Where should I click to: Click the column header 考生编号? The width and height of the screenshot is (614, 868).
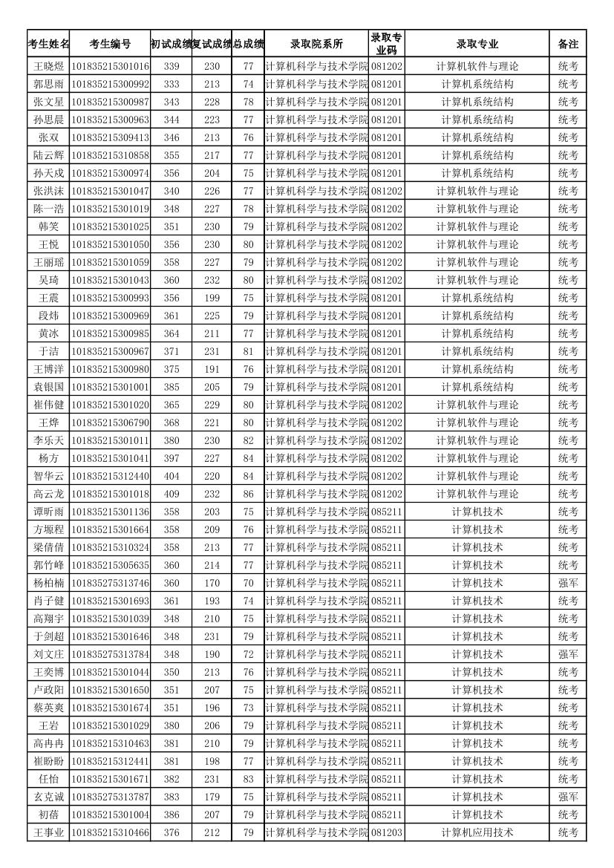[x=110, y=44]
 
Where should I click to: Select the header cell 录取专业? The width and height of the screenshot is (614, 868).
[x=477, y=44]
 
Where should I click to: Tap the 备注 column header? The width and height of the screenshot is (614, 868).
[x=568, y=44]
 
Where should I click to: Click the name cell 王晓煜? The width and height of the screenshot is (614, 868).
[x=49, y=66]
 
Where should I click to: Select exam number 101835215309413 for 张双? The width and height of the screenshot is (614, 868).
[x=110, y=137]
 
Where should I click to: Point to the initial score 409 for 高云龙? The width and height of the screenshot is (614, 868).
[x=171, y=494]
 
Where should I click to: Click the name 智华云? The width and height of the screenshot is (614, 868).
[x=49, y=476]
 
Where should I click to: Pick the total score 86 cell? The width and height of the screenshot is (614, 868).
[x=248, y=494]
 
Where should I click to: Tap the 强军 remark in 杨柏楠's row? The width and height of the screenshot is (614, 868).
[x=568, y=583]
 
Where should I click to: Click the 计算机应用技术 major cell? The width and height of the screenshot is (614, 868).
[x=477, y=832]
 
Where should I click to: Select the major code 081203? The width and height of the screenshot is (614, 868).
[x=387, y=832]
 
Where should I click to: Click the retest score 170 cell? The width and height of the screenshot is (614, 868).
[x=212, y=583]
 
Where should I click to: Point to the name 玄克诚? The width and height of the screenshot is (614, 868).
[x=49, y=797]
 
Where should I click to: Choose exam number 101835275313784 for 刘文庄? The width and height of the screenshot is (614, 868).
[x=110, y=654]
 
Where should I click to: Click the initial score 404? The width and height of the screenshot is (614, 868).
[x=171, y=476]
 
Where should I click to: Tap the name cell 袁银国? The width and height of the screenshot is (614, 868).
[x=49, y=387]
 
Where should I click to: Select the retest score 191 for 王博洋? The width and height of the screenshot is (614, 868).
[x=212, y=369]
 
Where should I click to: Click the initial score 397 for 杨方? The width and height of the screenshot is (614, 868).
[x=171, y=458]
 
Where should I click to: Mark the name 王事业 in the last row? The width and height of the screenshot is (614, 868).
[x=49, y=832]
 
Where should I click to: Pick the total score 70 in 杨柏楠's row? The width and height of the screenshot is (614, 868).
[x=248, y=583]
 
